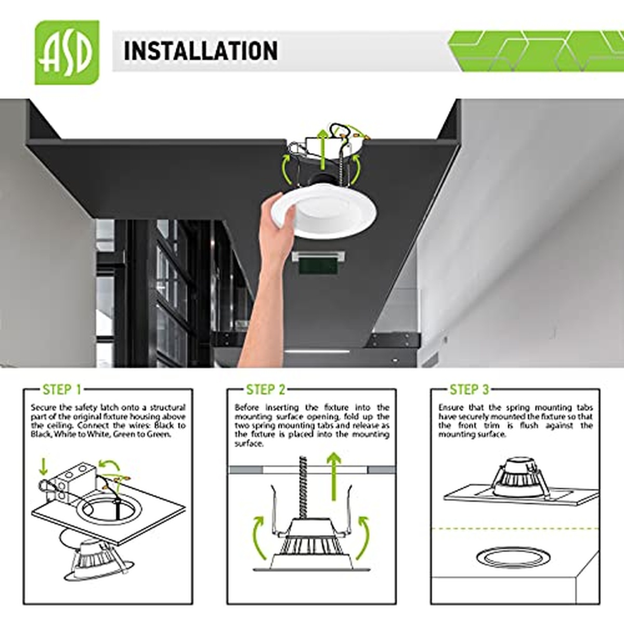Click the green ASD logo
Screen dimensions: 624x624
click(x=67, y=52)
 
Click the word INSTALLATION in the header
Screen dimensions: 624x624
click(x=201, y=51)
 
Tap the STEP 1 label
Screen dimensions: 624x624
click(x=62, y=389)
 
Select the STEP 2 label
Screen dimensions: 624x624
click(x=266, y=389)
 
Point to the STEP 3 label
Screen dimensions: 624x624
click(x=469, y=389)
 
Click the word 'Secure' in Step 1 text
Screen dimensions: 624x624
click(x=42, y=407)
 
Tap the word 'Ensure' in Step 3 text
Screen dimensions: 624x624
click(x=450, y=407)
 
